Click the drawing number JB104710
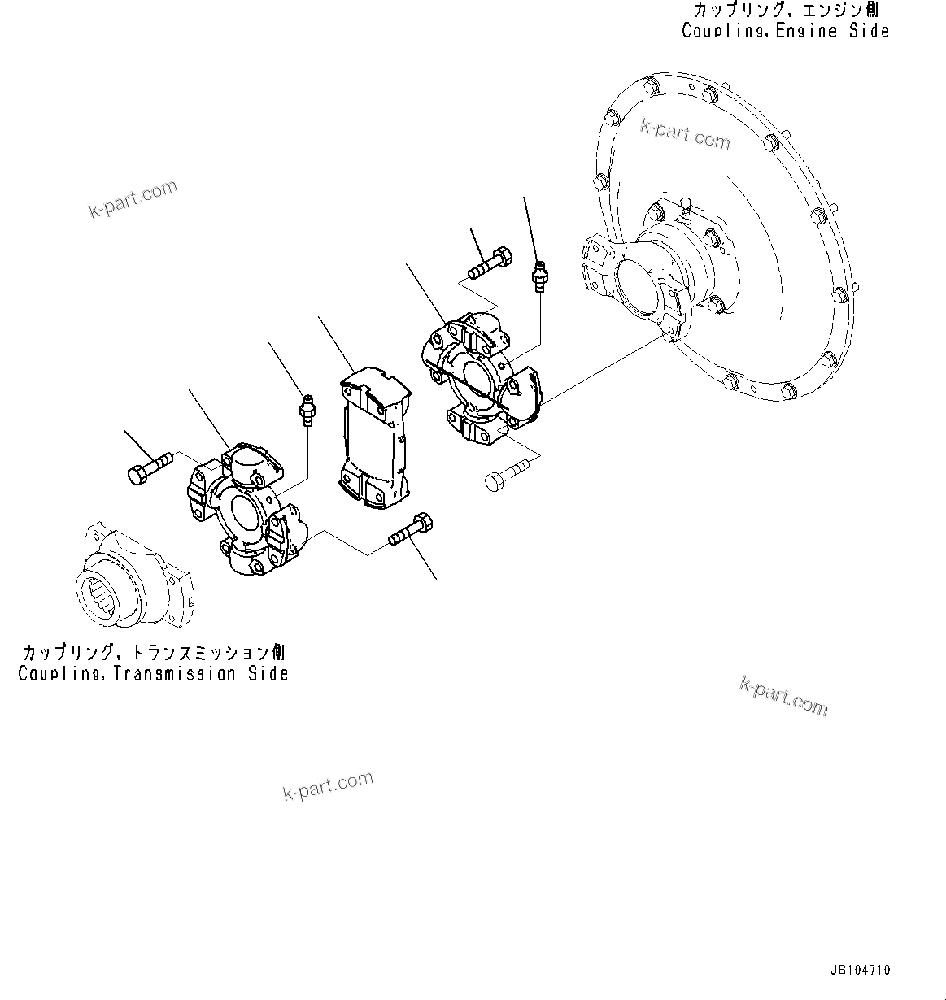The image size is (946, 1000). point(860,970)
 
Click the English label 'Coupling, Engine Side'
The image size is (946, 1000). point(785,31)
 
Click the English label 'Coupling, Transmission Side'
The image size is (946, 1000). point(153,673)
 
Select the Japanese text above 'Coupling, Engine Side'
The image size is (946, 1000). point(785,11)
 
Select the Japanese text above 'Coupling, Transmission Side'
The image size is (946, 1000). point(153,653)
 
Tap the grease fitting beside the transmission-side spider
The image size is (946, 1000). point(307,409)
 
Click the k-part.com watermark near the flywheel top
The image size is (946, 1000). point(685,133)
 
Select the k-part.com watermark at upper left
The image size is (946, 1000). point(132,199)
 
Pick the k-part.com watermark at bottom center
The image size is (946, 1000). point(328,785)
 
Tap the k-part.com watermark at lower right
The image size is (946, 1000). point(783,696)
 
